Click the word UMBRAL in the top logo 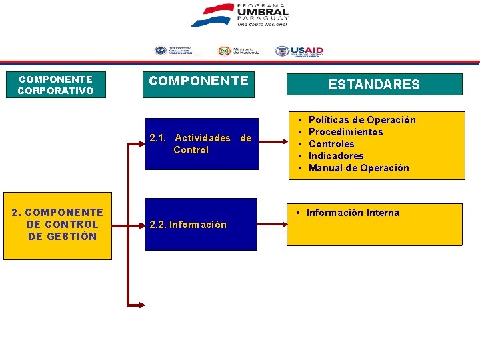(x=263, y=12)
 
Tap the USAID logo (x=299, y=51)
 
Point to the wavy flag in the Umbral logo (x=211, y=15)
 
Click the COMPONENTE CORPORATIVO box (x=55, y=85)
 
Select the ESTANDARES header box (x=374, y=85)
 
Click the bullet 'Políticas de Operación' (x=362, y=120)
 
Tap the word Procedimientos (x=345, y=132)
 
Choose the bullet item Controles (x=331, y=144)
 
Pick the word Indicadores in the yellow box (x=336, y=156)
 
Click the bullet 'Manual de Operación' (x=359, y=168)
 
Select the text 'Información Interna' (x=353, y=213)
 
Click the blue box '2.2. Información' (x=201, y=225)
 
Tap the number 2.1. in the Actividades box (x=159, y=138)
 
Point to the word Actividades (x=202, y=138)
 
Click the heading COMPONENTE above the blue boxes (x=199, y=81)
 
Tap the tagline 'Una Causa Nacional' (x=263, y=24)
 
